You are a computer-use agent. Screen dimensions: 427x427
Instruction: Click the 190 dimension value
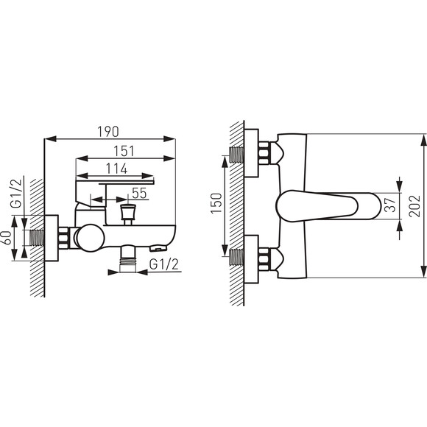(108, 132)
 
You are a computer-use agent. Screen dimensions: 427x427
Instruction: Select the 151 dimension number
(124, 152)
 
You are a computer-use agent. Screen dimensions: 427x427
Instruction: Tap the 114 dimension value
(117, 169)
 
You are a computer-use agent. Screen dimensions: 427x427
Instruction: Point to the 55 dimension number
(139, 193)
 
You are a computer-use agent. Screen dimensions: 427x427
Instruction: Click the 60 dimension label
(7, 238)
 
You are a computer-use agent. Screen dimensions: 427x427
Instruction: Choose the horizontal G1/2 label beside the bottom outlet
(164, 264)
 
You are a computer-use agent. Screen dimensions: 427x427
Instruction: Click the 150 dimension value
(216, 203)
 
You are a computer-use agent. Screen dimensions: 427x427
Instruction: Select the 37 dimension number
(391, 205)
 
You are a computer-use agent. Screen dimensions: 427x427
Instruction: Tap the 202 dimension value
(414, 206)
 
